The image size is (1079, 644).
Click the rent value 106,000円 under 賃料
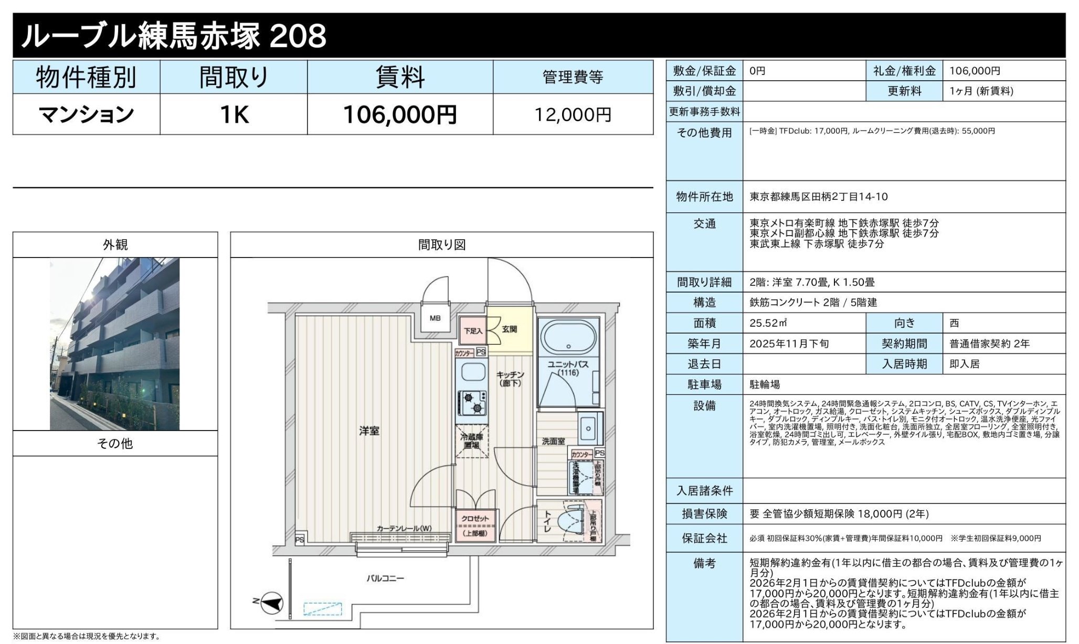pos(399,114)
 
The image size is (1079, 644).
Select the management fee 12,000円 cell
pos(573,114)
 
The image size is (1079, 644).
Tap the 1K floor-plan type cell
pos(234,114)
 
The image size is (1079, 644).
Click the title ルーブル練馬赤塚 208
pos(173,36)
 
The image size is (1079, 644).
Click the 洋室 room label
pos(369,431)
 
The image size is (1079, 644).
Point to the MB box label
pos(435,318)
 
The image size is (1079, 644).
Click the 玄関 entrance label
pos(509,329)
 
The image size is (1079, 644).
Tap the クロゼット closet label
pos(474,518)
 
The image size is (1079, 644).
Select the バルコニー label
pos(385,578)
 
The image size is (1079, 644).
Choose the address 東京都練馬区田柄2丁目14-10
pos(818,197)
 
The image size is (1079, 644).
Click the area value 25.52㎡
pos(767,323)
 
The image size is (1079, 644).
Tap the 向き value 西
pos(954,323)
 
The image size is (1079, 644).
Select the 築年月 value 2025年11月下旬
pos(789,344)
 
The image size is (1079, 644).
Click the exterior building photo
pos(114,344)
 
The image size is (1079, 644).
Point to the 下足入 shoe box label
pos(473,331)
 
